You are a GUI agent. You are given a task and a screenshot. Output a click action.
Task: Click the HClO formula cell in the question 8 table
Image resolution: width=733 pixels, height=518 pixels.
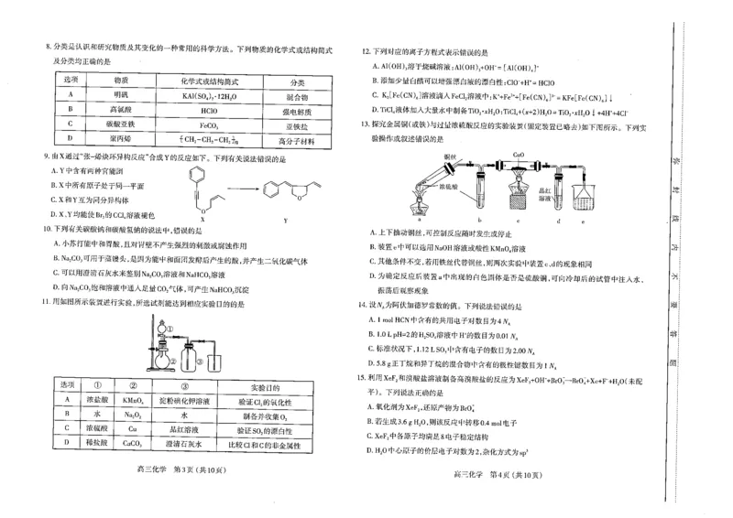click(207, 108)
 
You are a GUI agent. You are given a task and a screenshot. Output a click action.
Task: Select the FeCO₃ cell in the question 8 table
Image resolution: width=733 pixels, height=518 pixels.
click(207, 124)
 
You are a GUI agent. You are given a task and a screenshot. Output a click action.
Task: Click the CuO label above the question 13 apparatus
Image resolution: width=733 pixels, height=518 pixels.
click(518, 156)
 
